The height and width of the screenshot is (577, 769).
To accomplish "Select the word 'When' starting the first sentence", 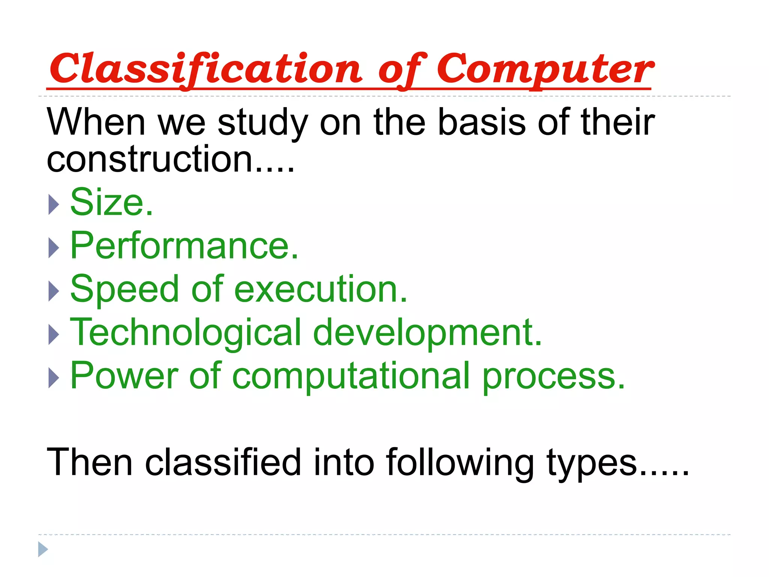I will pyautogui.click(x=96, y=122).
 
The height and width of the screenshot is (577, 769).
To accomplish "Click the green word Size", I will pyautogui.click(x=111, y=202).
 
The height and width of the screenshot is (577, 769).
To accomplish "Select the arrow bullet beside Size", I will pyautogui.click(x=54, y=205).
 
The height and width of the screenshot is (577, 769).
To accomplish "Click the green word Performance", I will pyautogui.click(x=184, y=246).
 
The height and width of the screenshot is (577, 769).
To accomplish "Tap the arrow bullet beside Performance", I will pyautogui.click(x=54, y=248).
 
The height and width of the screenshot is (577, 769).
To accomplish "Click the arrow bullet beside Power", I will pyautogui.click(x=54, y=378).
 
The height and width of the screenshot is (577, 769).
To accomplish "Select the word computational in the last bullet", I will pyautogui.click(x=351, y=376).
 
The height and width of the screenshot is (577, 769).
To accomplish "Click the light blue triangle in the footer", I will pyautogui.click(x=43, y=549).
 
